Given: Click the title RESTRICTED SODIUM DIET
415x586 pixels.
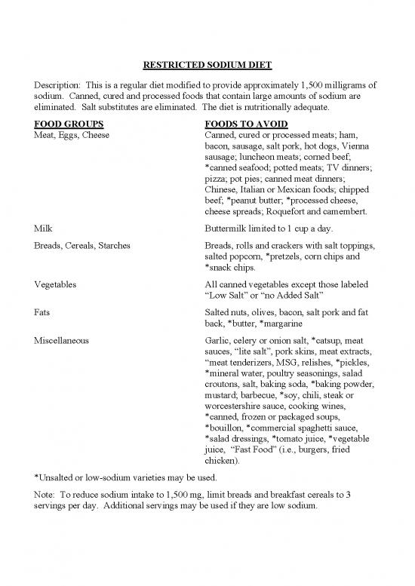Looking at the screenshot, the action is point(207,64).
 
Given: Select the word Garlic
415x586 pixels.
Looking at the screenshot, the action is point(219,340).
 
